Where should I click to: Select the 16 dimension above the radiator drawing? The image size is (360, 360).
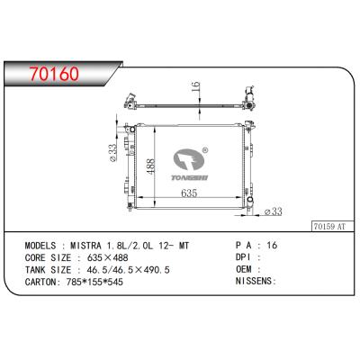(194, 87)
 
